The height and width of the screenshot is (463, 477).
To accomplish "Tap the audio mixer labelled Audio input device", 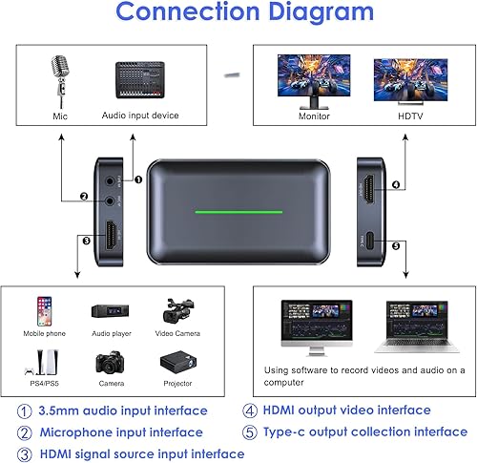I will click(139, 83).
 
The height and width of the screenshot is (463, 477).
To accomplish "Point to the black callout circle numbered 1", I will click(137, 178).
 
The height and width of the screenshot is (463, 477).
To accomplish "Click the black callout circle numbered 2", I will click(83, 199).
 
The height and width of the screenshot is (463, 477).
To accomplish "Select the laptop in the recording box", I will click(412, 324).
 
